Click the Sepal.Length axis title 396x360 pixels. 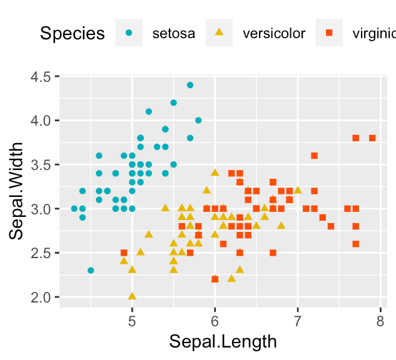click(223, 342)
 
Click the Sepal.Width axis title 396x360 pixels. click(17, 191)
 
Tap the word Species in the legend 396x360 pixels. click(72, 33)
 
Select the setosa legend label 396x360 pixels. click(174, 33)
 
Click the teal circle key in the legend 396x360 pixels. click(129, 32)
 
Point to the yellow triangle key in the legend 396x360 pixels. click(219, 32)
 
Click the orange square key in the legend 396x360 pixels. click(330, 32)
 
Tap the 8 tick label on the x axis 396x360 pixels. click(380, 321)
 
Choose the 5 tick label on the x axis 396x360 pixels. click(132, 321)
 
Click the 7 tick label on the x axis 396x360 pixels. click(297, 321)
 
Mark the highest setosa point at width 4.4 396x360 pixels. click(190, 85)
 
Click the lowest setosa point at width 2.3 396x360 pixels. click(91, 270)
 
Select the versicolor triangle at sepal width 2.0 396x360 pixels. click(132, 296)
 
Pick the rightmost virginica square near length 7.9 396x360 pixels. click(372, 138)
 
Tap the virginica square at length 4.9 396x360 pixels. click(124, 252)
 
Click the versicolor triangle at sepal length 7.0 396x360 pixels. click(298, 190)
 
